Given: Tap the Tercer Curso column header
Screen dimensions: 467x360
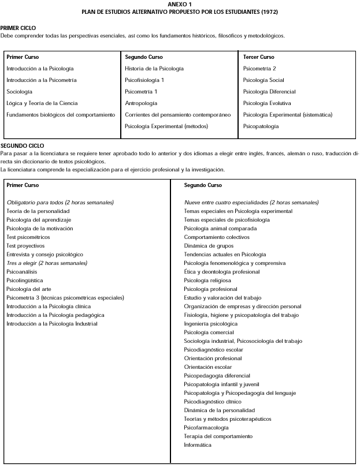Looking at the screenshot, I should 258,57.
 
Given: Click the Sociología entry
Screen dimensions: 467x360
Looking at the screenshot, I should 19,92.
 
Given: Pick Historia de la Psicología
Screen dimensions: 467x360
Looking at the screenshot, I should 154,69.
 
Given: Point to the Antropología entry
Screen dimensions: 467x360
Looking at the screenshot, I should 141,103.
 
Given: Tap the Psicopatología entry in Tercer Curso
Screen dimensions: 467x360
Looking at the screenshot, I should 261,126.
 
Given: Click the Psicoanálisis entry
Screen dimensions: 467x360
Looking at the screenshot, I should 22,272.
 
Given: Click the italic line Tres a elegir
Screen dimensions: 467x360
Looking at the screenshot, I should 47,263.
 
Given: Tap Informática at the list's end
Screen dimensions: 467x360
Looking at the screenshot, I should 198,445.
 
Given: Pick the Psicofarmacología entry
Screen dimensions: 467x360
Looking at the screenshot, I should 206,428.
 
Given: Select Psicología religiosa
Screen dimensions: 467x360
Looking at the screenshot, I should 207,281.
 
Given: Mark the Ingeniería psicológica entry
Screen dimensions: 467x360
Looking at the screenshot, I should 210,324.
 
